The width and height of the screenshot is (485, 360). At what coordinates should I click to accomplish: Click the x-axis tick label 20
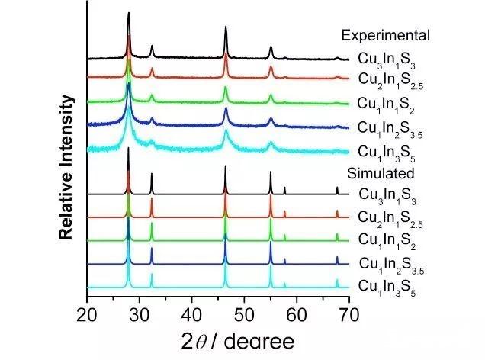pyautogui.click(x=88, y=313)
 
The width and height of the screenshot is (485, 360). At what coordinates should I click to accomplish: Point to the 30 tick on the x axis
pyautogui.click(x=140, y=313)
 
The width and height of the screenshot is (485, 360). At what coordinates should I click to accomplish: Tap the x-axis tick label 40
pyautogui.click(x=192, y=313)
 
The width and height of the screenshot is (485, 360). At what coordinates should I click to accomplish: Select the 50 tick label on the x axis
pyautogui.click(x=245, y=313)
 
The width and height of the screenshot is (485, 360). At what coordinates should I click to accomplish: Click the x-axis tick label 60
pyautogui.click(x=297, y=313)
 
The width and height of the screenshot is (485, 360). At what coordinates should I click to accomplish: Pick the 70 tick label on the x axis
pyautogui.click(x=349, y=313)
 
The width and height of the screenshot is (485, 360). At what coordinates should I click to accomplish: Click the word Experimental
pyautogui.click(x=386, y=35)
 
